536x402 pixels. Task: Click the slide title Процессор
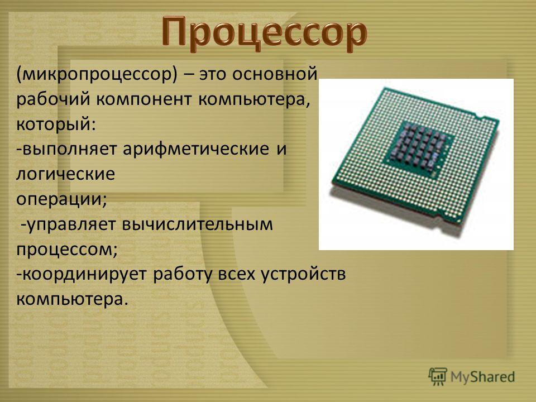pos(264,32)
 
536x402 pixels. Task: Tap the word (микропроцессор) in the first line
pos(97,74)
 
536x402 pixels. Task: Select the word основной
pos(275,74)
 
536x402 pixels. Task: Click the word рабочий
pos(54,99)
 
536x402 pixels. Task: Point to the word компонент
pos(145,99)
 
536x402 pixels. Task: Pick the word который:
pos(56,125)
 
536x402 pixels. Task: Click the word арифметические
pos(196,149)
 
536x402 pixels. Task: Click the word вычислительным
pos(197,224)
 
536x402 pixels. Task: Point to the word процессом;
pos(67,250)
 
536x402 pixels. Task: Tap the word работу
pos(183,274)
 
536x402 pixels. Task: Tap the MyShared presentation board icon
pos(438,377)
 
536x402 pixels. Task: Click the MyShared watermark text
pos(482,377)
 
